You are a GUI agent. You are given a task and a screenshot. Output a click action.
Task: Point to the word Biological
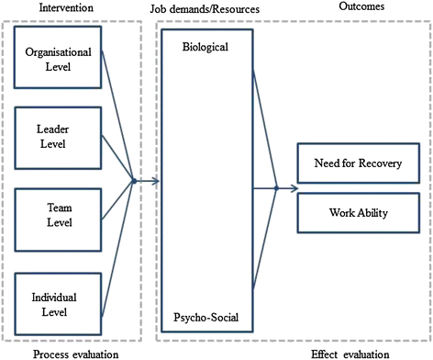coord(204,46)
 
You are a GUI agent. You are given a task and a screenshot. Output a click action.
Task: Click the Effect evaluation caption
coord(359,352)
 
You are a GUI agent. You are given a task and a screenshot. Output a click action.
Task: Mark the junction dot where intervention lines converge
coord(134,181)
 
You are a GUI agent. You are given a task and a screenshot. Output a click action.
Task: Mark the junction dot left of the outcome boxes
coord(277,188)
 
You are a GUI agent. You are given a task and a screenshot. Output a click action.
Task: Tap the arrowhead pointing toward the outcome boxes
coord(294,188)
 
